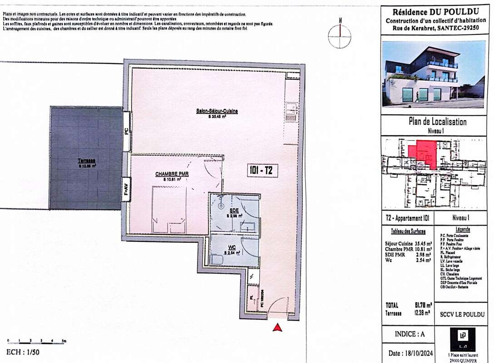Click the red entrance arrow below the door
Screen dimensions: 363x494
pyautogui.click(x=277, y=328)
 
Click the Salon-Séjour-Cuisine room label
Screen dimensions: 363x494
pyautogui.click(x=217, y=111)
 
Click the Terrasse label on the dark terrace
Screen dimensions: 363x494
pyautogui.click(x=86, y=161)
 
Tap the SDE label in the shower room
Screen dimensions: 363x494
pyautogui.click(x=234, y=211)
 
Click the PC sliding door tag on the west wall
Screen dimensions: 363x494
pyautogui.click(x=126, y=132)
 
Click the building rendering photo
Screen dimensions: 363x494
pyautogui.click(x=433, y=74)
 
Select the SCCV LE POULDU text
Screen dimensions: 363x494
pyautogui.click(x=462, y=314)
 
